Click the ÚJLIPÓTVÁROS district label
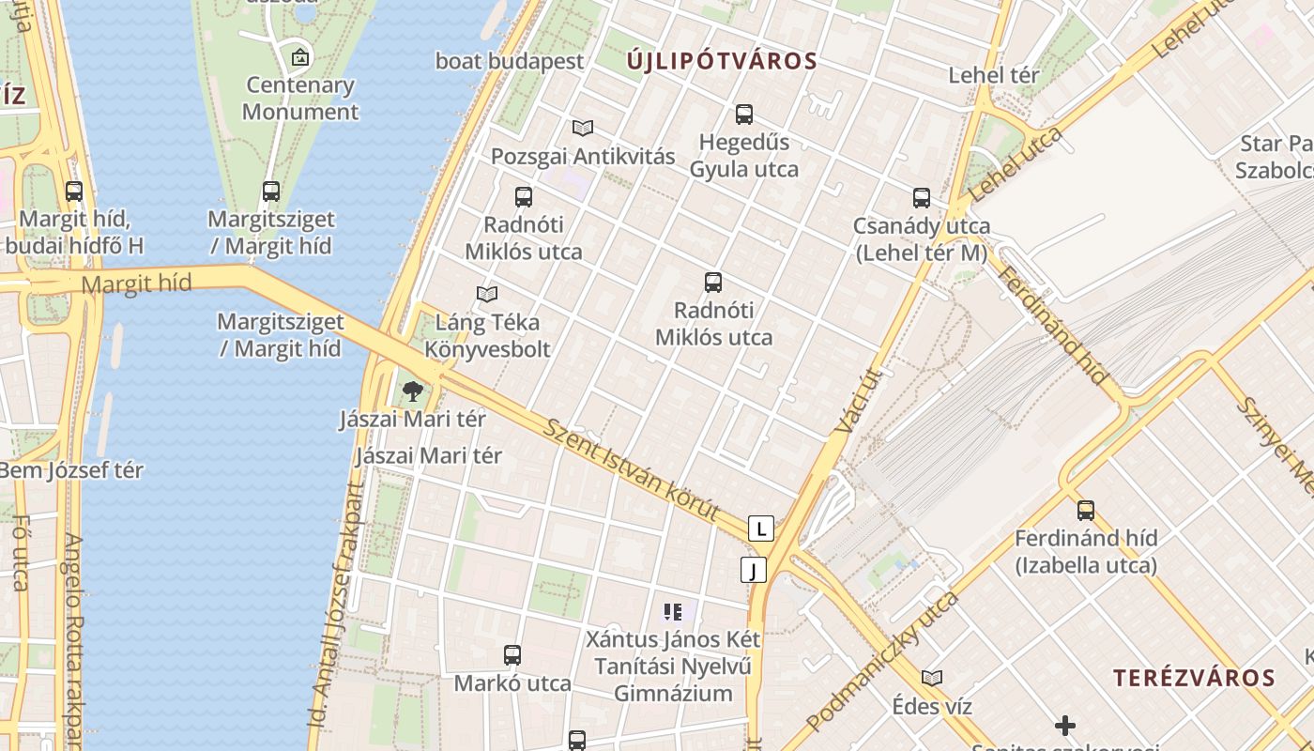[x=723, y=62]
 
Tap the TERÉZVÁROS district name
[x=1194, y=678]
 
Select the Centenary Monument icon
[x=300, y=57]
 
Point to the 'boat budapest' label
[x=510, y=61]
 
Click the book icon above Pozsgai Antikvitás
[x=583, y=128]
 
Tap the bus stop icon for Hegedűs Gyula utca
[x=744, y=115]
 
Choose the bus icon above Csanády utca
[x=922, y=198]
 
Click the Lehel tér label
[x=994, y=75]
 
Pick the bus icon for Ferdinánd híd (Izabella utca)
[x=1086, y=511]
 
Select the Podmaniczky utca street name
[x=882, y=661]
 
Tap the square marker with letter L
[x=761, y=529]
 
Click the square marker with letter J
[x=753, y=570]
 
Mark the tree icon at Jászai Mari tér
[x=412, y=391]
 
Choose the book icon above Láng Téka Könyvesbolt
[x=487, y=295]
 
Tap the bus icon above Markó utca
[x=512, y=655]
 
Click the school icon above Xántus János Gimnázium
[x=672, y=612]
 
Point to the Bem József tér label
[x=71, y=470]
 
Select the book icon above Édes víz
[x=932, y=678]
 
